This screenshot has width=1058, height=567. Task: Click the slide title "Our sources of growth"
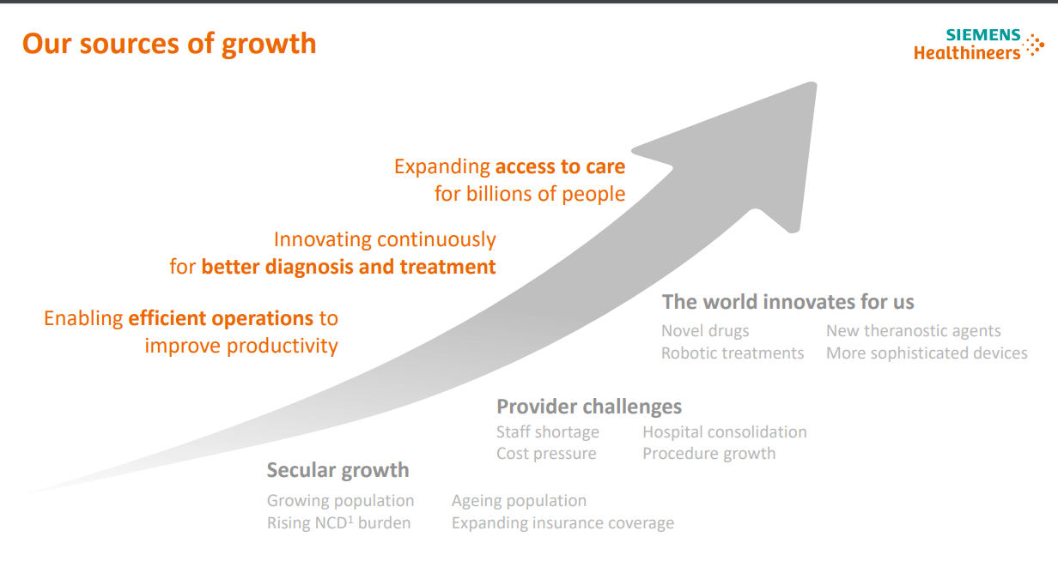click(x=169, y=44)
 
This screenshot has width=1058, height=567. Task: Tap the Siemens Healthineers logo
click(x=978, y=45)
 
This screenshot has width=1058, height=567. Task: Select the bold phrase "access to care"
click(x=560, y=166)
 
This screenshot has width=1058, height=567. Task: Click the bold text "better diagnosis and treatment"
click(x=349, y=267)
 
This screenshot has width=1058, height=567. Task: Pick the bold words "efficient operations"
click(x=221, y=319)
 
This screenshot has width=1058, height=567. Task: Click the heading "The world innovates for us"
click(x=787, y=302)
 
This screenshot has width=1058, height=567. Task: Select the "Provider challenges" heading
click(x=589, y=407)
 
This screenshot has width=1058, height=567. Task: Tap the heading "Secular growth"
click(x=337, y=470)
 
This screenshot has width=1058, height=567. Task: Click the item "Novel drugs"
click(x=705, y=331)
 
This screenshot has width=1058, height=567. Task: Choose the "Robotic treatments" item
click(x=733, y=353)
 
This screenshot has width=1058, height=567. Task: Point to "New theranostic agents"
click(x=913, y=331)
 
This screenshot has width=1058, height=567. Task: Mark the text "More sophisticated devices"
click(x=927, y=353)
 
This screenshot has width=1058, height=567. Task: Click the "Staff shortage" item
click(x=548, y=432)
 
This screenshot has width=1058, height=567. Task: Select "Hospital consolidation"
click(x=725, y=432)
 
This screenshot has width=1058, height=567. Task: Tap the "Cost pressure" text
click(x=546, y=454)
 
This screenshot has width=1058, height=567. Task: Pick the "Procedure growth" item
click(x=708, y=454)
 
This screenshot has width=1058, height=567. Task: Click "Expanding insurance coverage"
click(x=562, y=523)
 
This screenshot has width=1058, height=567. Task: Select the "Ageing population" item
click(x=519, y=501)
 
